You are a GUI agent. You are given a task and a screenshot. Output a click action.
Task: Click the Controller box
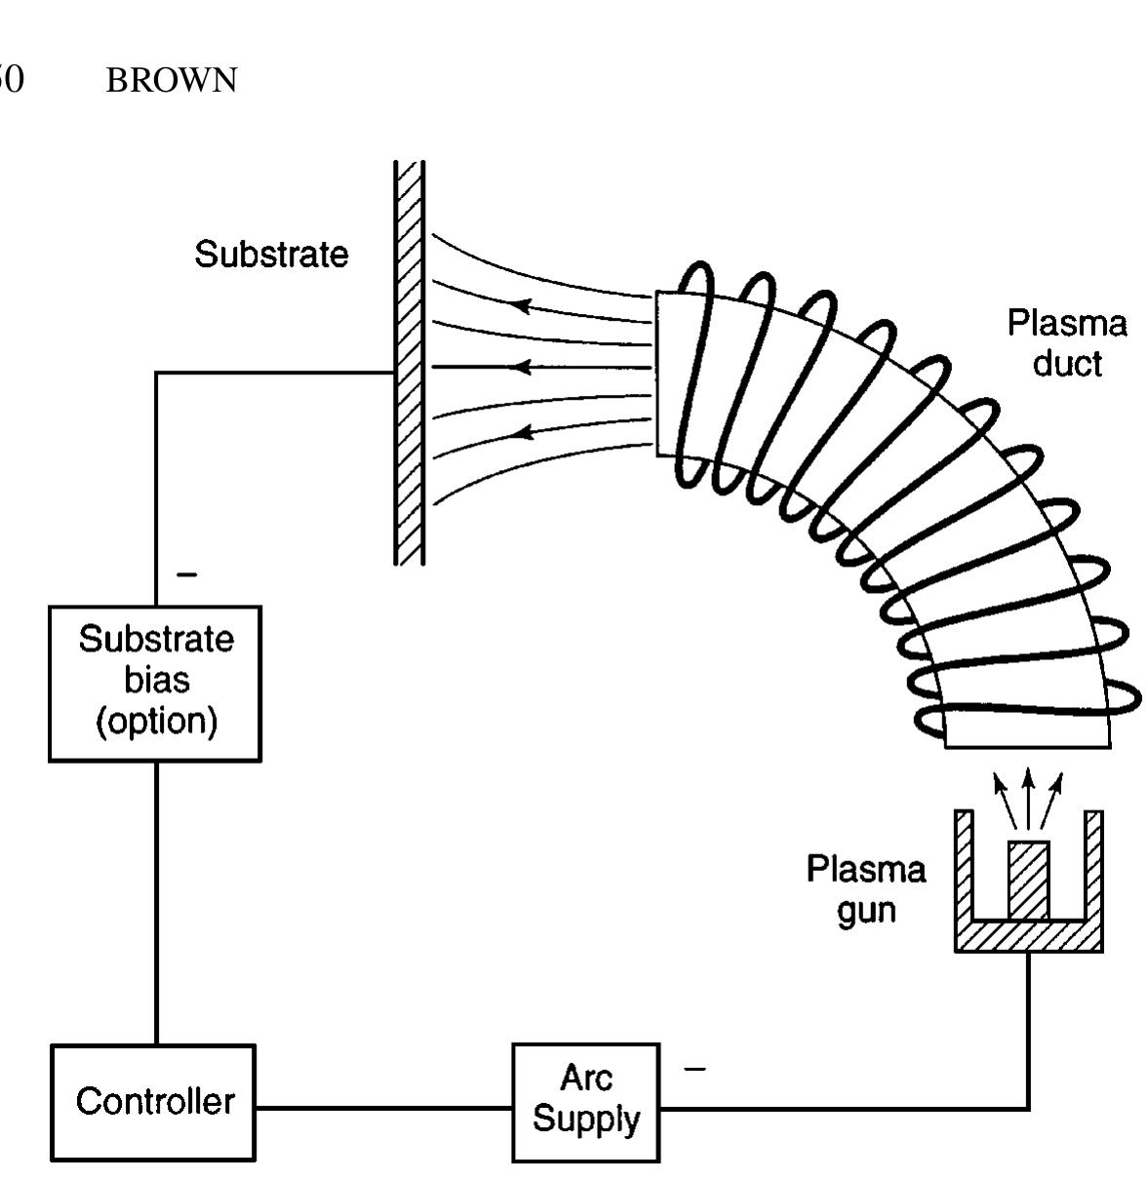pyautogui.click(x=154, y=1102)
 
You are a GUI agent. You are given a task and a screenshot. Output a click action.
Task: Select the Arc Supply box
pyautogui.click(x=586, y=1102)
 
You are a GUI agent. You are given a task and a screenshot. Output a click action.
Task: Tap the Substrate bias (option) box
pyautogui.click(x=155, y=682)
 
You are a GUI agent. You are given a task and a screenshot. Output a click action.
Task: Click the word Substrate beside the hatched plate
pyautogui.click(x=271, y=255)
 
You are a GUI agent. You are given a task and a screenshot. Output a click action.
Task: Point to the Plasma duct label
pyautogui.click(x=1066, y=343)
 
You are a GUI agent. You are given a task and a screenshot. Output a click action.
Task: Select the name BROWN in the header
pyautogui.click(x=172, y=81)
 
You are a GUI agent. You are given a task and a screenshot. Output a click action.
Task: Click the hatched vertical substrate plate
pyautogui.click(x=410, y=361)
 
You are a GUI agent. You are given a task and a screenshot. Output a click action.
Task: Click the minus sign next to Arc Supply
pyautogui.click(x=694, y=1069)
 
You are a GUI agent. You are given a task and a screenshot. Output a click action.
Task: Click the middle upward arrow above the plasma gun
pyautogui.click(x=1028, y=790)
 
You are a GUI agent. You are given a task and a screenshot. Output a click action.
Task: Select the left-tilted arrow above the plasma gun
pyautogui.click(x=1003, y=793)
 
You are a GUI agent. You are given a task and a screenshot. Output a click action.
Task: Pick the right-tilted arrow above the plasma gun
pyautogui.click(x=1052, y=793)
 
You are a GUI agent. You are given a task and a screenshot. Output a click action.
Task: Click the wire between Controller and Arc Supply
pyautogui.click(x=384, y=1108)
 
